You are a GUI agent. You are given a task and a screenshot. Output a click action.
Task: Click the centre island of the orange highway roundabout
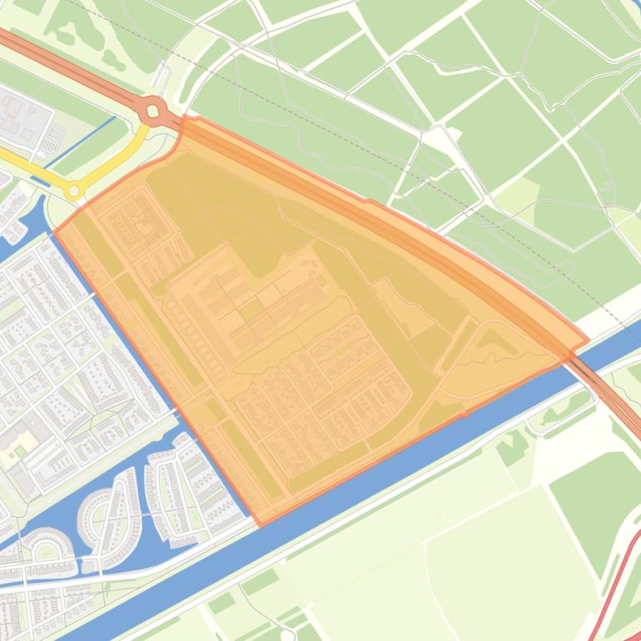tap(152, 109)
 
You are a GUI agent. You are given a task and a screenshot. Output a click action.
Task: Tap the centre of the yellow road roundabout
tap(74, 191)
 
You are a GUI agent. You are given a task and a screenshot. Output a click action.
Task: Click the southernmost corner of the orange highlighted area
tap(261, 524)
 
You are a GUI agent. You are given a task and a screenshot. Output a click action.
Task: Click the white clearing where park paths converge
tap(437, 137)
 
